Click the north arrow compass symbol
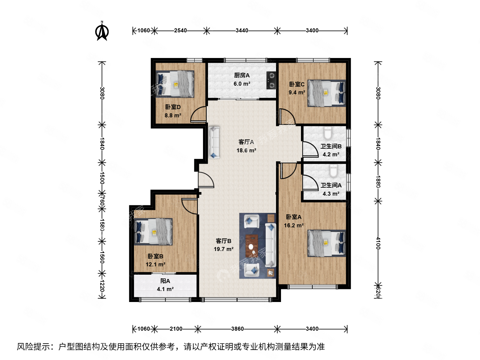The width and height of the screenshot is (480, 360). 102,31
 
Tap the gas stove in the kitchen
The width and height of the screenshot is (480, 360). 271,80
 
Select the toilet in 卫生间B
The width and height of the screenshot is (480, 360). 328,133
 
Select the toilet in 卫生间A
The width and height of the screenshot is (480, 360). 333,171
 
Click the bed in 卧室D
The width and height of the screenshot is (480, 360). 175,84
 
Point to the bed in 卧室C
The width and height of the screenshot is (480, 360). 326,93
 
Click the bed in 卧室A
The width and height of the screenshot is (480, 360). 326,243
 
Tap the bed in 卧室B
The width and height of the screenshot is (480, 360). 153,232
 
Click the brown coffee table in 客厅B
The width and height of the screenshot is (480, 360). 252,246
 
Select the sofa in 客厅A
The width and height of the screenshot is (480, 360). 214,142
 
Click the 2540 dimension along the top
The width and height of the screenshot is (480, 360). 180,31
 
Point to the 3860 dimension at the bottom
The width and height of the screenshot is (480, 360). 237,329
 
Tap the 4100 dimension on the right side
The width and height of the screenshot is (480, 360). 378,243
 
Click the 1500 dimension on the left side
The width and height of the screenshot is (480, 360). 102,178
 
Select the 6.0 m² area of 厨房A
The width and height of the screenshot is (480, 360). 242,84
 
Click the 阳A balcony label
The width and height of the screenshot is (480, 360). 165,281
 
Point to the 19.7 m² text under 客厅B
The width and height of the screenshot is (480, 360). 223,249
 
